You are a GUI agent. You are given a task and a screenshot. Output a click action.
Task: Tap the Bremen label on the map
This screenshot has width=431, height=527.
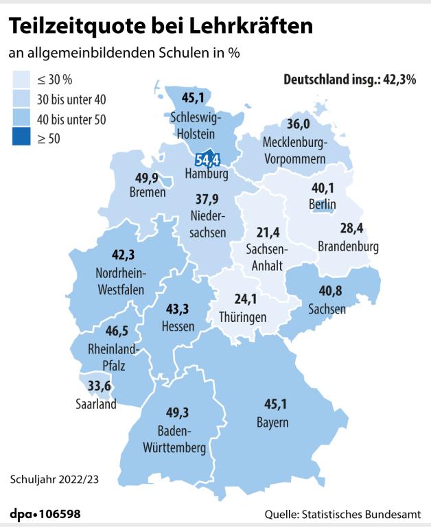pyautogui.click(x=148, y=193)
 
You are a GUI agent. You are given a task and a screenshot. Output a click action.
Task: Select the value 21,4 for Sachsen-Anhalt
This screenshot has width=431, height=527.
pyautogui.click(x=267, y=231)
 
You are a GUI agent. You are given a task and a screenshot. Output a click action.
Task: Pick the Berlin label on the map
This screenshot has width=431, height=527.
pyautogui.click(x=322, y=204)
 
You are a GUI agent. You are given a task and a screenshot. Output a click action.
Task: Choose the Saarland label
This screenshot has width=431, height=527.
pyautogui.click(x=96, y=404)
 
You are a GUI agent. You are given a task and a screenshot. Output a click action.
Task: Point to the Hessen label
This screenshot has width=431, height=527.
pyautogui.click(x=178, y=327)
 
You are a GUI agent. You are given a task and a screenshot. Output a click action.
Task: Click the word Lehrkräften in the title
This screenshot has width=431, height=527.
pyautogui.click(x=255, y=27)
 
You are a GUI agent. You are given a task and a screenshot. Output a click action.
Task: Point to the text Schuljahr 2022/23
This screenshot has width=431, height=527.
pyautogui.click(x=54, y=478)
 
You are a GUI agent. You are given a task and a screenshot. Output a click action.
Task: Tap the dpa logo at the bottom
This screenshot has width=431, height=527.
pyautogui.click(x=23, y=514)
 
